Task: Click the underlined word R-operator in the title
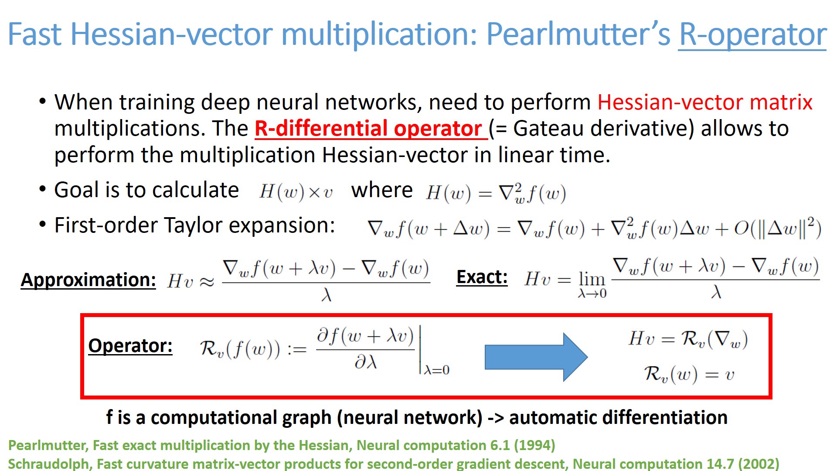click(752, 35)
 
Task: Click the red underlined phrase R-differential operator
click(370, 129)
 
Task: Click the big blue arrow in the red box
click(536, 357)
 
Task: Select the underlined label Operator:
click(130, 346)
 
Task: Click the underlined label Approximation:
click(88, 280)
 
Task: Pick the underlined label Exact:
click(482, 277)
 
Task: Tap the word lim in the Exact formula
click(592, 279)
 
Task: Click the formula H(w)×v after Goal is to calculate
click(296, 191)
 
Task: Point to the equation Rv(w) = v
click(689, 374)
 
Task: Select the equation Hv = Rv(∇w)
click(688, 339)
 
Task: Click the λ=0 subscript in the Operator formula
click(436, 370)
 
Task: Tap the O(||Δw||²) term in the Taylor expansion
click(777, 228)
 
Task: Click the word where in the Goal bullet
click(382, 190)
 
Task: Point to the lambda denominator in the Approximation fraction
click(327, 295)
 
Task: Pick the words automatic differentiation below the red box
click(618, 417)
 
